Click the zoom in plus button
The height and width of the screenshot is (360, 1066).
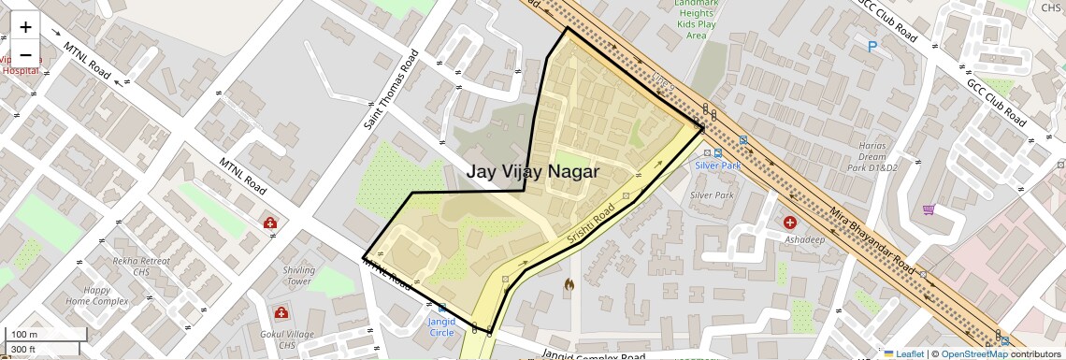pos(25,27)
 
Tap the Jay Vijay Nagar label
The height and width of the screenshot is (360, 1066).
pos(533,172)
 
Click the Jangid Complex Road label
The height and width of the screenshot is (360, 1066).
pos(593,355)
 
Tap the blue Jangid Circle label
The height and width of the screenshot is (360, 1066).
pos(441,326)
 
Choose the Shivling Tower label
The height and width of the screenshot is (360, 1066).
pos(299,275)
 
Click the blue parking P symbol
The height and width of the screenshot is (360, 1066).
pos(872,45)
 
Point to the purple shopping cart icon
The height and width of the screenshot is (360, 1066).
pos(929,209)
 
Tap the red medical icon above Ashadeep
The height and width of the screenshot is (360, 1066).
pos(790,223)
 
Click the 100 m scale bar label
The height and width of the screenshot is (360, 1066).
pos(25,335)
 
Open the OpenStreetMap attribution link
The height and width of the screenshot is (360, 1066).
pos(973,353)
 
